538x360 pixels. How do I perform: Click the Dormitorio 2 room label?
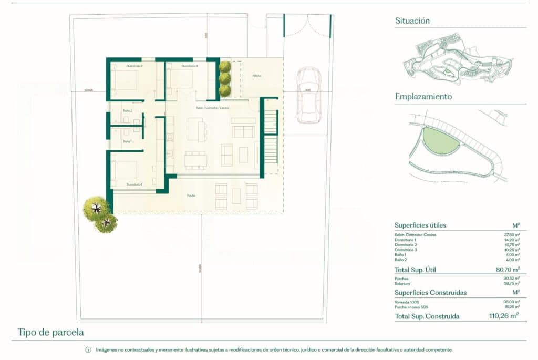tap(134, 66)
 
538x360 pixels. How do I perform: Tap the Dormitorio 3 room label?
tap(189, 66)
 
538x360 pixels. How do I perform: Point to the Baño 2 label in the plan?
tap(127, 111)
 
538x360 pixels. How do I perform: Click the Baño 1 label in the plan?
tap(127, 141)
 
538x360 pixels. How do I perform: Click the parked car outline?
tap(308, 95)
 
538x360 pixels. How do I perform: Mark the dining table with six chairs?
tap(195, 160)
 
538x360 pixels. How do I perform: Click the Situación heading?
tap(412, 21)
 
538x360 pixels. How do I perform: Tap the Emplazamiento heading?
tap(423, 97)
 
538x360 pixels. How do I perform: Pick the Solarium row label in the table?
tap(402, 283)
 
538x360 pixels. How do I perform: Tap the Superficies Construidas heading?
tap(430, 292)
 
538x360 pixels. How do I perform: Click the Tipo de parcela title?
tap(50, 332)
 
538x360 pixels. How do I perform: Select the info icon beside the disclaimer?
tap(88, 350)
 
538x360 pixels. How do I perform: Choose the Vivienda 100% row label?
tap(407, 302)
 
